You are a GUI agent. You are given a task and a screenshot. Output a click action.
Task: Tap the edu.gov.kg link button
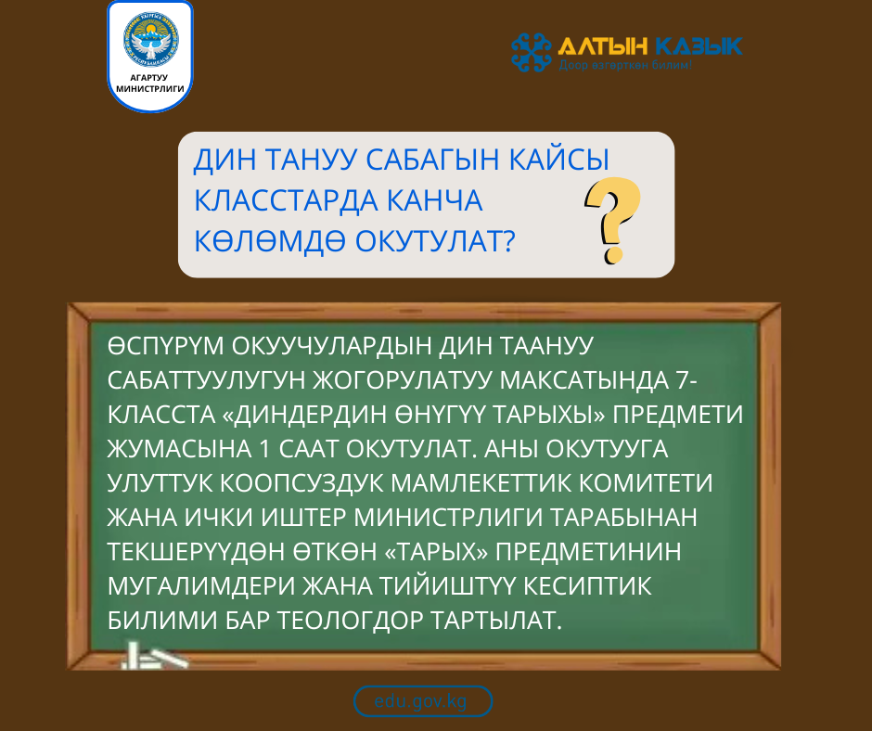[x=422, y=701]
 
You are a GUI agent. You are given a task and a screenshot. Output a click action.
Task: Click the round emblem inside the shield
[x=150, y=43]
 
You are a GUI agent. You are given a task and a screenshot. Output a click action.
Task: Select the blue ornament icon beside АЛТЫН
[x=532, y=52]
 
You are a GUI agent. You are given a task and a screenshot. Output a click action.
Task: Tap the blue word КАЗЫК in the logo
[x=698, y=45]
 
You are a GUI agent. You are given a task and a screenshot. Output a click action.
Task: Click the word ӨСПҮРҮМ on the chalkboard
[x=164, y=347]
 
